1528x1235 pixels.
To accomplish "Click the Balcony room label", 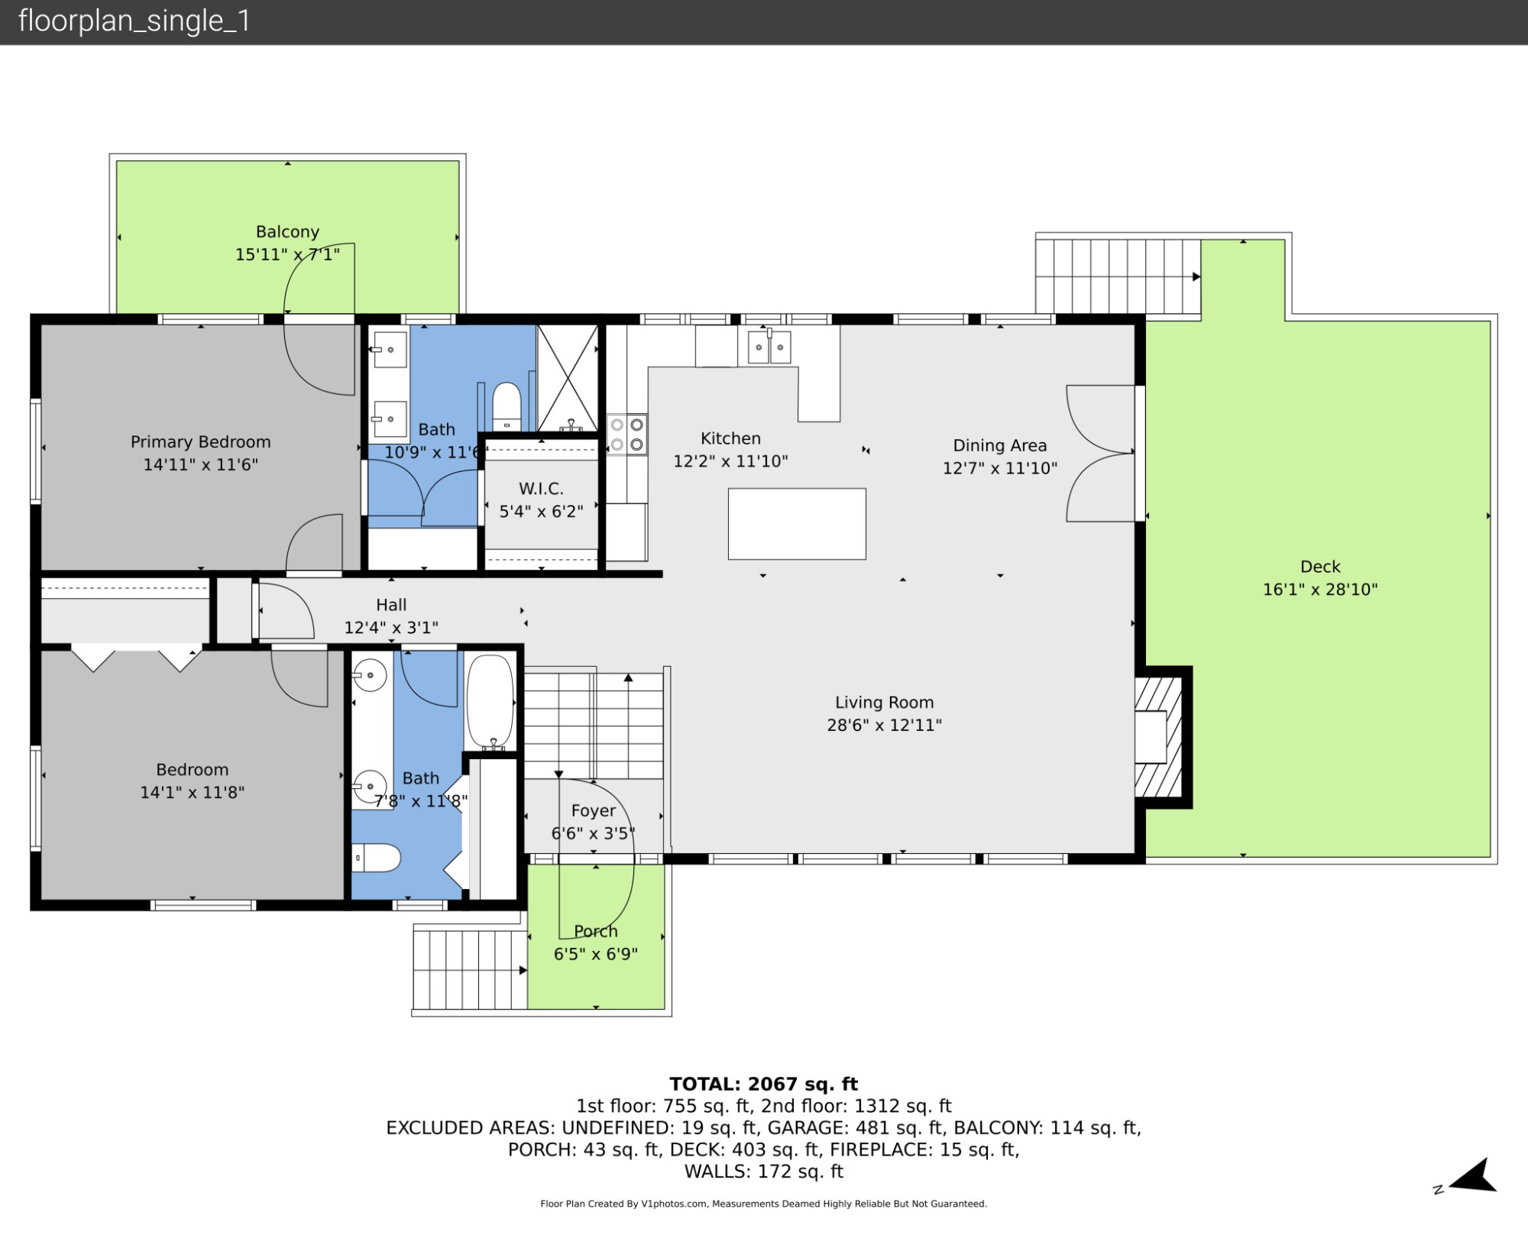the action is coord(287,231).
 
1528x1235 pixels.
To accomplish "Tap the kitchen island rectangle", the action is coord(797,524).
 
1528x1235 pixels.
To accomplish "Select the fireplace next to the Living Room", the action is coord(1159,737).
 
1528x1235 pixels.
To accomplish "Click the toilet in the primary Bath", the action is coord(506,406).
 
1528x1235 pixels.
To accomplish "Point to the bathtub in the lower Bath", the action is coord(490,701).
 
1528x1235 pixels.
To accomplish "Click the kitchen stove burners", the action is coord(627,435).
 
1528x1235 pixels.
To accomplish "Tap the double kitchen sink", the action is coord(769,348).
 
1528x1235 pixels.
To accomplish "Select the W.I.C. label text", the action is coord(541,489).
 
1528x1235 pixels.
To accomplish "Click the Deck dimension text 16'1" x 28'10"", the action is coord(1320,590).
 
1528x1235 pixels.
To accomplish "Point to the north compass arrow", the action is coord(1473,1177).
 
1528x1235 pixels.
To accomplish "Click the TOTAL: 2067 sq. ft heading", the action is coord(764,1084).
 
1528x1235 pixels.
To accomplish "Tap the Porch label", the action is coord(596,931).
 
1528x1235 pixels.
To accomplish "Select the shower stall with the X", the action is coord(567,378).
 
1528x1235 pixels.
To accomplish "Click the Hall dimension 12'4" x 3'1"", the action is coord(391,628).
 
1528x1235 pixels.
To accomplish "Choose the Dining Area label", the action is coord(1000,445).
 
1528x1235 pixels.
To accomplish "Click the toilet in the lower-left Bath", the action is coord(377,858).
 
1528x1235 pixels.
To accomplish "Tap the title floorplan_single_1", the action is coord(134,21).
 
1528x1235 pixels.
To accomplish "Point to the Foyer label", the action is coord(594,810).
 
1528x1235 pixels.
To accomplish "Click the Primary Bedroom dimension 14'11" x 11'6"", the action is coord(201,464).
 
